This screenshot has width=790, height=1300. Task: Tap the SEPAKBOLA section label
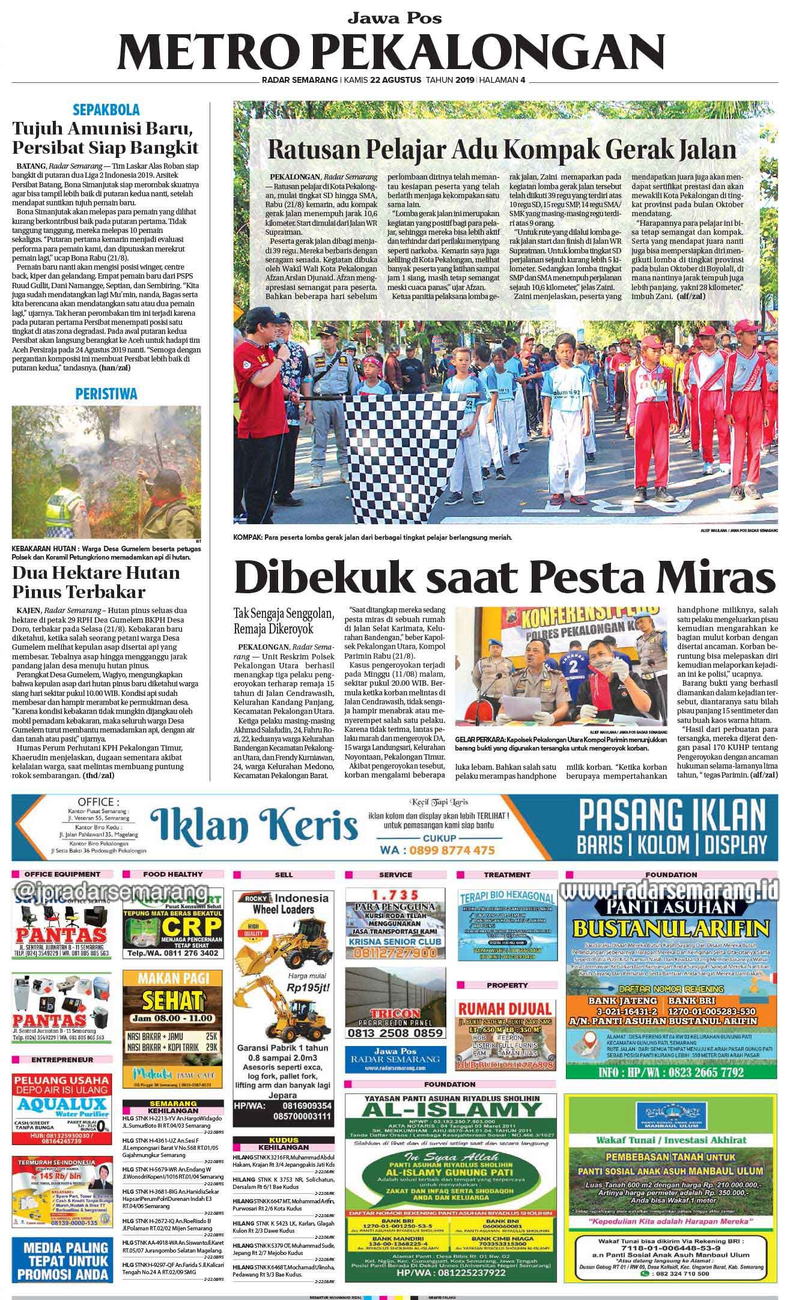(106, 110)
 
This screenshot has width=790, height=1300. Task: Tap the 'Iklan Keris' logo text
(255, 824)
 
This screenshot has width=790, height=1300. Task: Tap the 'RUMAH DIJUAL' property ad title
(504, 1008)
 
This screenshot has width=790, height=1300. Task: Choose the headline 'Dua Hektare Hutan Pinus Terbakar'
(96, 582)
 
